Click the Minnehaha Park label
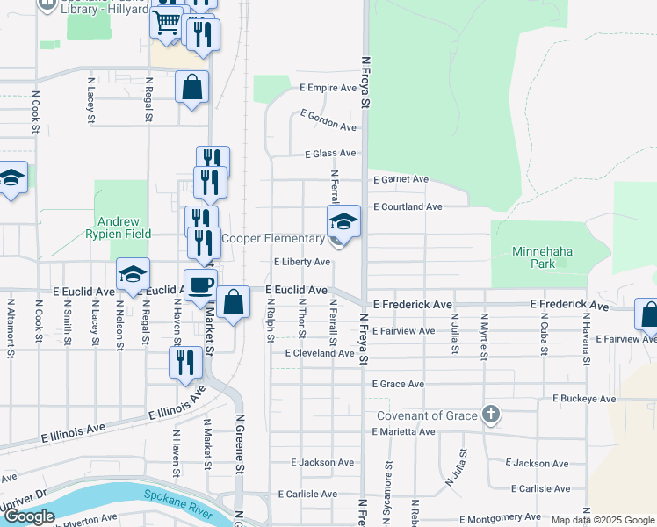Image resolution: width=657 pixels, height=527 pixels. [x=543, y=256]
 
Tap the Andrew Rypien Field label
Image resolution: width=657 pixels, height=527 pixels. [x=119, y=227]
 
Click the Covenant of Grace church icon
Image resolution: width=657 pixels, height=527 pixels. [x=491, y=415]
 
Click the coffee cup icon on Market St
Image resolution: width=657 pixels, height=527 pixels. [x=200, y=285]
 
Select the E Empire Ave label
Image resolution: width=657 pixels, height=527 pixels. [x=328, y=88]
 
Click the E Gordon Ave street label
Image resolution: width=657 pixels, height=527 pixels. [x=328, y=120]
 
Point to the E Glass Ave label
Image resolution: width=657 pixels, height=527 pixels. [x=330, y=154]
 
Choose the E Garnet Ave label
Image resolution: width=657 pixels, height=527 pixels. [x=401, y=179]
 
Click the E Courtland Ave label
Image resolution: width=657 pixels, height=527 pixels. [x=408, y=207]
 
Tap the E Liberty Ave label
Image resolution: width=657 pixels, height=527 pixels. [x=302, y=262]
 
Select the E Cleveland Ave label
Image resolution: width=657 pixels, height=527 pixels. [x=320, y=353]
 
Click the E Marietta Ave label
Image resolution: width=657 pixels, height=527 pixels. [x=403, y=432]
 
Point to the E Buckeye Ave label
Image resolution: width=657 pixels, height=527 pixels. [x=584, y=399]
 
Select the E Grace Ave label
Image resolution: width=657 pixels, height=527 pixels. [x=398, y=385]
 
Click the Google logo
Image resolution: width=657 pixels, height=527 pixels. [x=29, y=516]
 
